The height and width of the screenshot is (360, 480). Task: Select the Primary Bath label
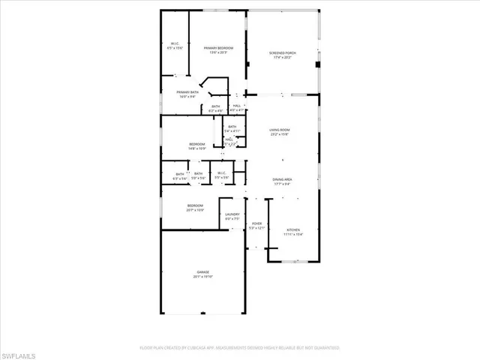click(188, 93)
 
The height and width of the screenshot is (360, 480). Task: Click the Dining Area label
click(282, 179)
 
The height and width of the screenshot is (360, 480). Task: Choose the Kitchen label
click(292, 231)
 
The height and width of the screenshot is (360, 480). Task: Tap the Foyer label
click(256, 224)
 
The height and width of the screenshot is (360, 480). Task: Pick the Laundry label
click(232, 215)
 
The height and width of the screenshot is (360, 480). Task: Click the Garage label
click(202, 272)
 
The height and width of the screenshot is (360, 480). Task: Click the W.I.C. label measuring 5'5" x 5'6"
click(221, 175)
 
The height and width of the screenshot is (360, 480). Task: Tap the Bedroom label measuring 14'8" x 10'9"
click(196, 144)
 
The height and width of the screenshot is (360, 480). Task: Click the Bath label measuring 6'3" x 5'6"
click(180, 175)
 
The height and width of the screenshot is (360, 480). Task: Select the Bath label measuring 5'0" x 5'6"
click(198, 175)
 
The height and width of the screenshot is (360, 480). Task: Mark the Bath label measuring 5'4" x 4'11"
click(232, 127)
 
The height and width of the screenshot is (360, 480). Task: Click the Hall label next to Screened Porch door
click(236, 107)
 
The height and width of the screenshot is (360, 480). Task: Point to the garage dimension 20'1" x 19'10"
click(202, 277)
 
